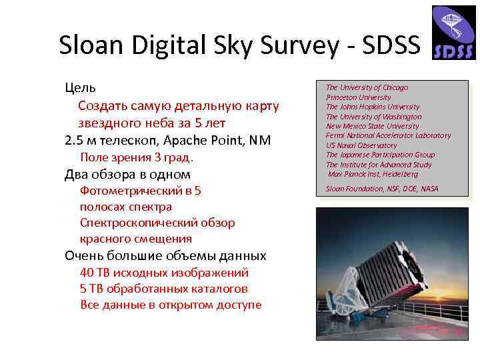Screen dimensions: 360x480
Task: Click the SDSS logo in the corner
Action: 453,33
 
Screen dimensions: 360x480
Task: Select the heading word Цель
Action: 80,88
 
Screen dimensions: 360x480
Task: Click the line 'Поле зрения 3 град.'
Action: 137,157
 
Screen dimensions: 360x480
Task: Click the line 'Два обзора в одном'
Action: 127,175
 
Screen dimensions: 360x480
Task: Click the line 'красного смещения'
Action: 136,239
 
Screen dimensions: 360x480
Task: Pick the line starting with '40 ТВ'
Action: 164,273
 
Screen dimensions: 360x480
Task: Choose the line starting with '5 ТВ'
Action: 164,289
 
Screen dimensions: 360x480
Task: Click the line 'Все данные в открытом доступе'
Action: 171,305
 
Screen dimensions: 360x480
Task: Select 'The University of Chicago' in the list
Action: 367,87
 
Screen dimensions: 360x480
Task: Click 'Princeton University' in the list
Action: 358,97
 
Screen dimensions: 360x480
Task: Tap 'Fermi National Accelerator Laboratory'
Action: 388,135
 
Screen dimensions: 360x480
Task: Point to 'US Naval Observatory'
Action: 361,145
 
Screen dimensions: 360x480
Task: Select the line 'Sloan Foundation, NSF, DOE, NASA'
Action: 382,189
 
